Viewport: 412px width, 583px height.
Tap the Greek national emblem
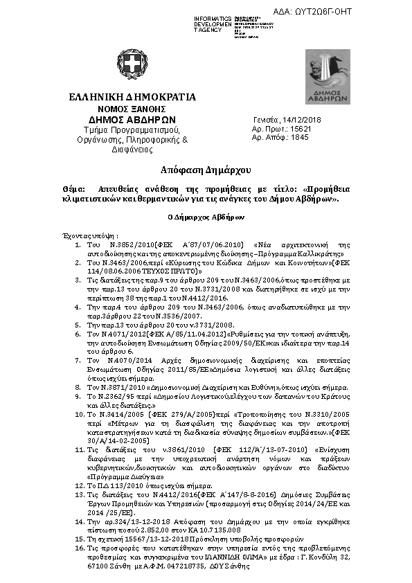click(x=132, y=64)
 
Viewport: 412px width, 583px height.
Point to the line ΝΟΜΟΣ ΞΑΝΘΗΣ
click(x=132, y=109)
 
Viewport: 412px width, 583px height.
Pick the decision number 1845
click(x=299, y=138)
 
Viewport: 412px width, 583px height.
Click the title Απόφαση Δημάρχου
click(x=206, y=170)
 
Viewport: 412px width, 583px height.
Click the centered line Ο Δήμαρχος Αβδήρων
click(x=206, y=217)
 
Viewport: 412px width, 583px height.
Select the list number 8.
click(x=78, y=388)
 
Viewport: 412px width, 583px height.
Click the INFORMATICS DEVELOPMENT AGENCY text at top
click(x=213, y=24)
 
